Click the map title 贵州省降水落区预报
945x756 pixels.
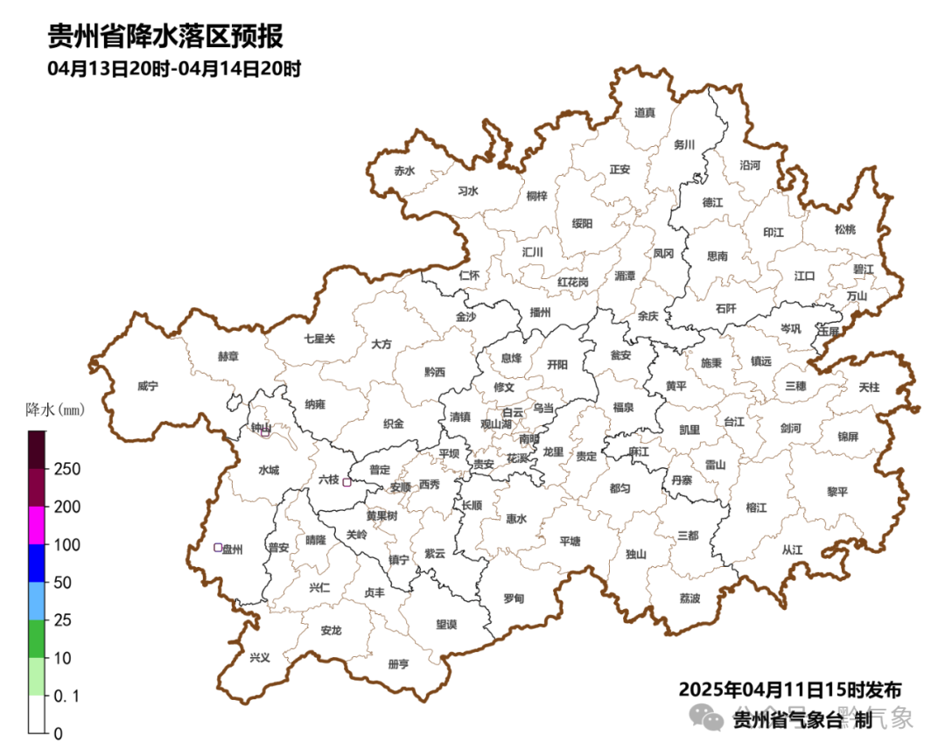(x=165, y=37)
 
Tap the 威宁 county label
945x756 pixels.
(x=148, y=386)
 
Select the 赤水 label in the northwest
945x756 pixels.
(x=403, y=171)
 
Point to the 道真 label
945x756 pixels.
(x=645, y=112)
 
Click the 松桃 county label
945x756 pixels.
(x=844, y=229)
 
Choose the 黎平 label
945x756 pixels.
(x=837, y=492)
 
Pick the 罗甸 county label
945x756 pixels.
(x=514, y=598)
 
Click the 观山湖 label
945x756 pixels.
(x=495, y=424)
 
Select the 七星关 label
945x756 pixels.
(x=319, y=339)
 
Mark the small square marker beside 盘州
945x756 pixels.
(x=218, y=548)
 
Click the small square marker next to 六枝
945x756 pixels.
(x=346, y=482)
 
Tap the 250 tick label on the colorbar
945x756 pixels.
(x=67, y=470)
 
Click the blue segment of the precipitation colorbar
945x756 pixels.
(x=36, y=563)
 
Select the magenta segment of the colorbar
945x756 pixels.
(x=36, y=525)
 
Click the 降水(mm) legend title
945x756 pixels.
(x=53, y=409)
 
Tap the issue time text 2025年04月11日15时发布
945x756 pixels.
(x=789, y=689)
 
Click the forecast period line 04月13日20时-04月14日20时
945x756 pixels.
(x=174, y=69)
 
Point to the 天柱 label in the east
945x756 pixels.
(x=869, y=387)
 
